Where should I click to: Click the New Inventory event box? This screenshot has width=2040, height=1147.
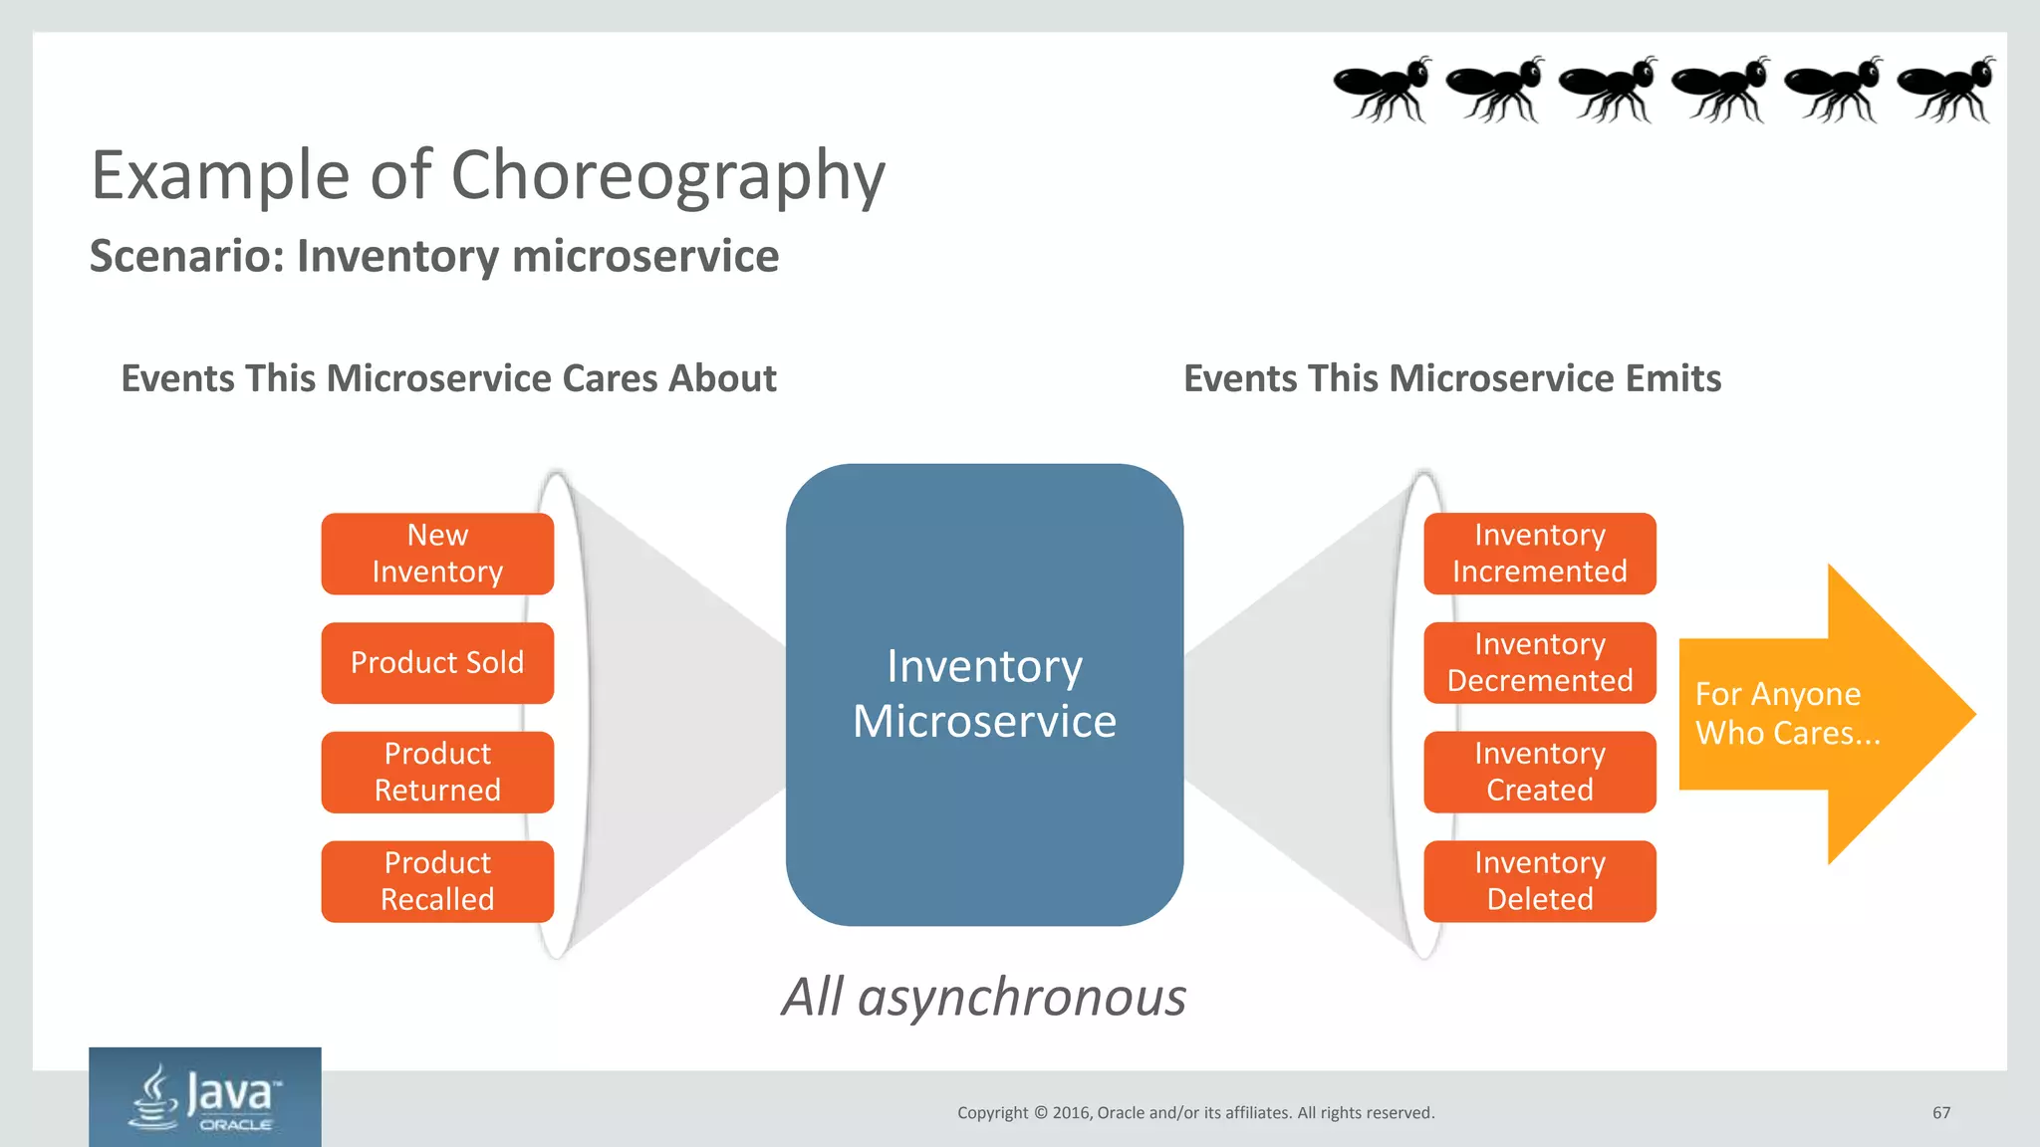437,554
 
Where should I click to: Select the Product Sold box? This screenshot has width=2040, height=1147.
437,663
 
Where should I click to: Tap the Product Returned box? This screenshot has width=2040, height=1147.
437,773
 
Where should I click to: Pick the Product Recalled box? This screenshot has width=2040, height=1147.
437,882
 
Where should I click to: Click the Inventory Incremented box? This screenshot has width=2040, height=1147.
1539,554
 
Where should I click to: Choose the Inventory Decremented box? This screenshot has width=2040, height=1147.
1539,663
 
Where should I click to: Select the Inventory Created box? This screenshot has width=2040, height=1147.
1539,773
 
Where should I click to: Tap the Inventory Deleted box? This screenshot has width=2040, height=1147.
1539,882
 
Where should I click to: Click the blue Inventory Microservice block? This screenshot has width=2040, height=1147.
984,694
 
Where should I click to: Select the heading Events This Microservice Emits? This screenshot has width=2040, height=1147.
1451,378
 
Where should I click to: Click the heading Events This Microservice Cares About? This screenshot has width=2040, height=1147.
448,378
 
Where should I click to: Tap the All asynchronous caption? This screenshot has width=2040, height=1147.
983,997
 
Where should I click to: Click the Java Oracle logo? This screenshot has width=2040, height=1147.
205,1097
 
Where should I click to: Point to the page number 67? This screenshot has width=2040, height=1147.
1940,1113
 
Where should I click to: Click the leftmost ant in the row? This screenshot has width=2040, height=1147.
1381,90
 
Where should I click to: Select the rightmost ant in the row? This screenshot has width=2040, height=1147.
1945,90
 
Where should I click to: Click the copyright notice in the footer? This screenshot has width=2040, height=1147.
1195,1113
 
